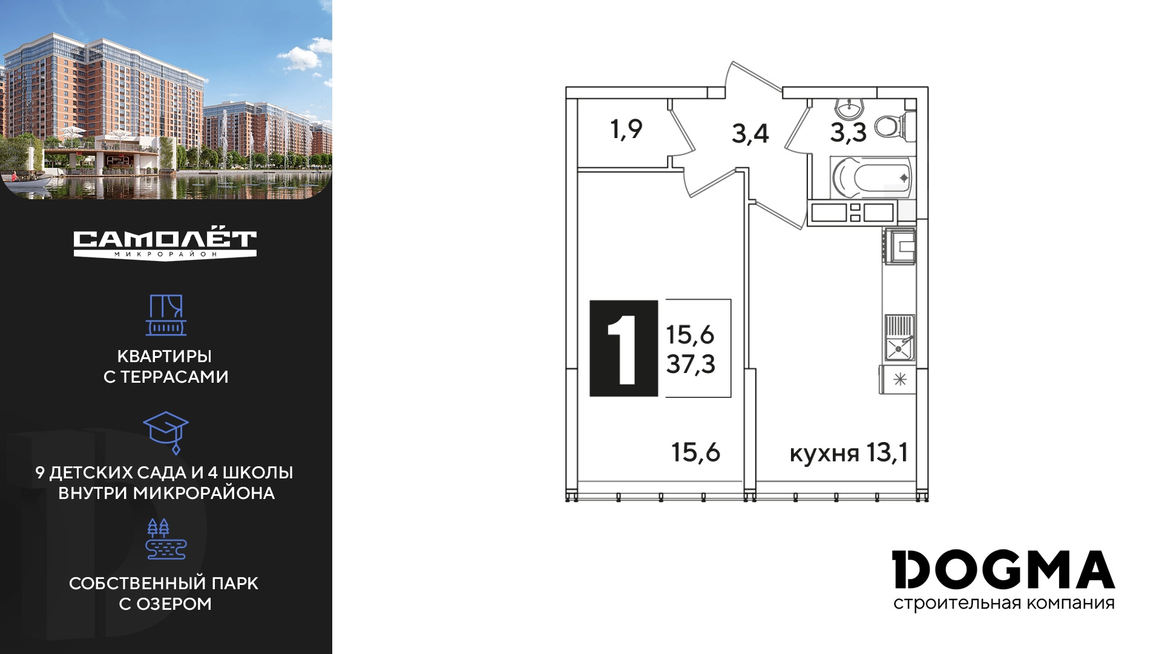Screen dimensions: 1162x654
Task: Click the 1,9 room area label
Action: click(x=626, y=130)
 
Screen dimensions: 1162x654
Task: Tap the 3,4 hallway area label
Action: click(x=750, y=134)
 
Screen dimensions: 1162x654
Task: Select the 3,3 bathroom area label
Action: click(x=848, y=133)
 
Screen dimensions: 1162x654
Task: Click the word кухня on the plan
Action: click(x=824, y=454)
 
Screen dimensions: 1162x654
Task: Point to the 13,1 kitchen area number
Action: click(x=887, y=452)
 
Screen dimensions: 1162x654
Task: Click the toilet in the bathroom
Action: click(x=894, y=127)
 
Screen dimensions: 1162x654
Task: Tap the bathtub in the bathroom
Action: click(x=870, y=177)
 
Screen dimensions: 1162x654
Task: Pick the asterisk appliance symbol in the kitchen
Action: click(x=900, y=380)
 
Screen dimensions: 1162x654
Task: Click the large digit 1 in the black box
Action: click(x=623, y=349)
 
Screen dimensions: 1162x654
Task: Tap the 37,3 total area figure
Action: click(x=691, y=365)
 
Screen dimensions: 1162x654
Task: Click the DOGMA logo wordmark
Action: click(x=1003, y=569)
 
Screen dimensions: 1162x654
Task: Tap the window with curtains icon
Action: click(x=166, y=315)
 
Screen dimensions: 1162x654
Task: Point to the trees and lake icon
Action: click(x=166, y=539)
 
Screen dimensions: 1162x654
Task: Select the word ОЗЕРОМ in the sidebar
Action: click(x=174, y=604)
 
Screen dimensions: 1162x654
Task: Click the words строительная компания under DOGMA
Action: click(x=1004, y=604)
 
